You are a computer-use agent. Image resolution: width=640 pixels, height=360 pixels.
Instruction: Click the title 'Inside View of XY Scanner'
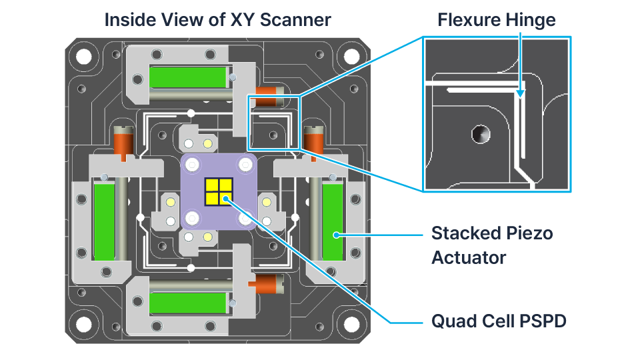coord(217,19)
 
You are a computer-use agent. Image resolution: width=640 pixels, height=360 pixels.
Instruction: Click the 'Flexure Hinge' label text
coord(496,19)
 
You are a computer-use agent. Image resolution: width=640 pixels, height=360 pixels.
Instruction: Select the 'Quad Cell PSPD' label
coord(499,321)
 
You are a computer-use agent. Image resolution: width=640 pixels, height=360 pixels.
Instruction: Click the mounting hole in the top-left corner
coord(83,56)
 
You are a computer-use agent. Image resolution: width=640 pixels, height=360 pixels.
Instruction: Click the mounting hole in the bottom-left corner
coord(83,324)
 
